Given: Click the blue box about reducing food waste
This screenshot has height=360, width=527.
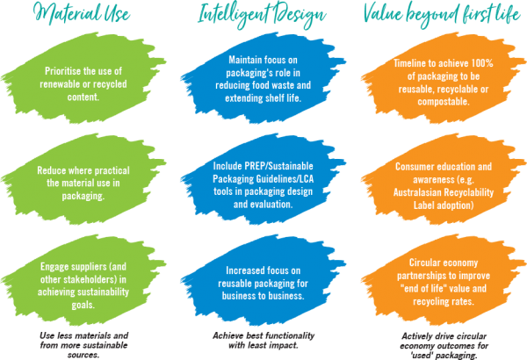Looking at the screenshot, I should click(x=262, y=83).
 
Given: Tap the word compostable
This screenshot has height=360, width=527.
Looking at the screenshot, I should click(x=439, y=102).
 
